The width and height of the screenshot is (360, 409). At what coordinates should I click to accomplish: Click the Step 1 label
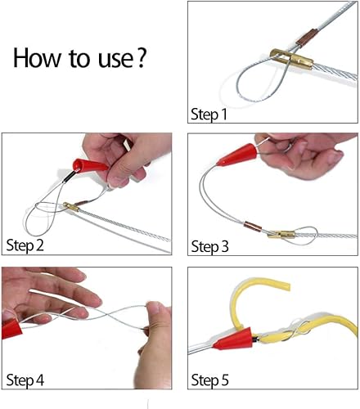point(209,114)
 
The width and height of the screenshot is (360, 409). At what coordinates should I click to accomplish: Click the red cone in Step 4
point(11,328)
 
